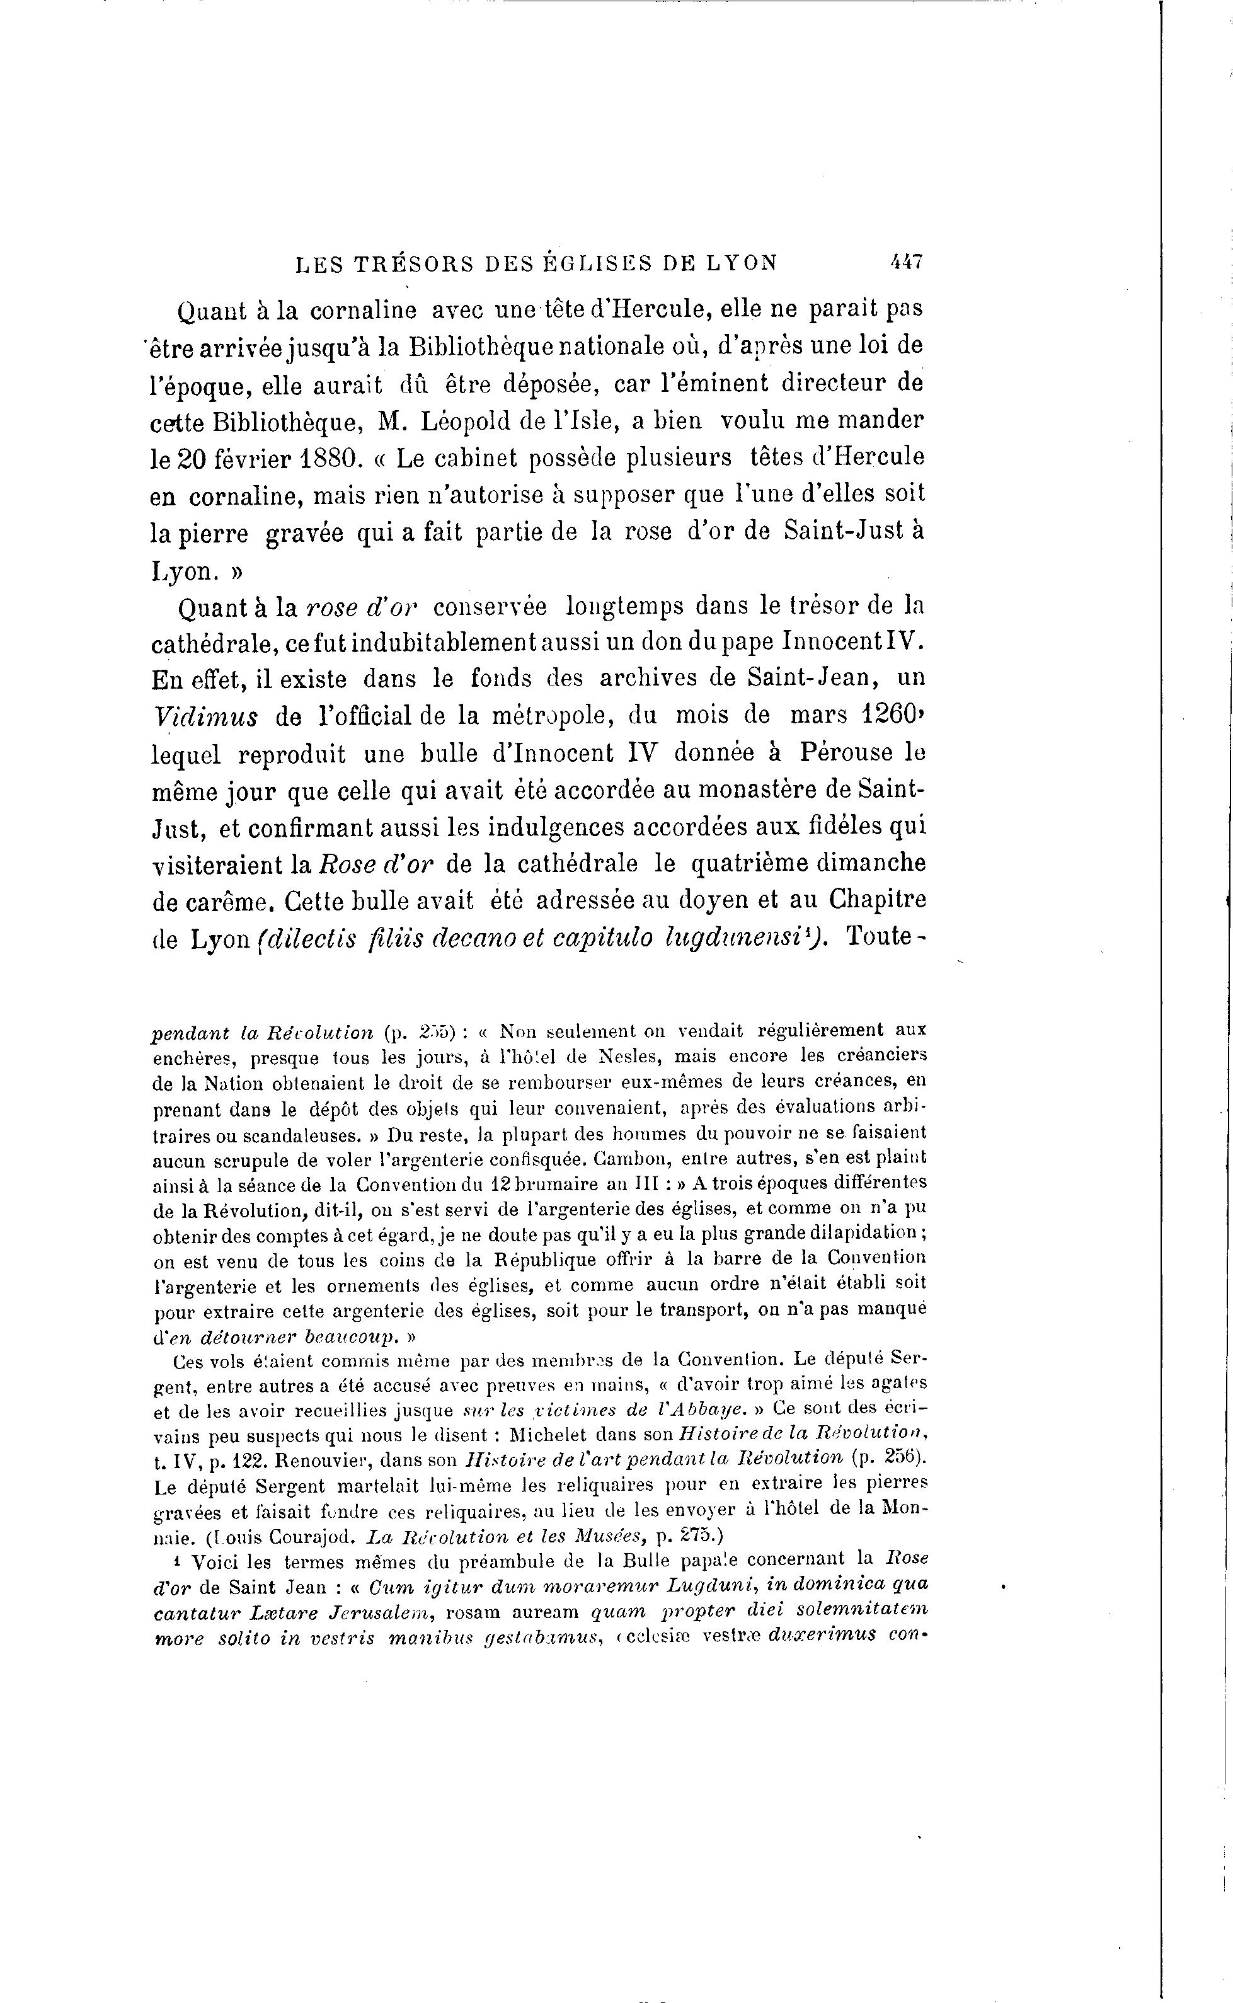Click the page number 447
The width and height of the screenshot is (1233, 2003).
(x=905, y=263)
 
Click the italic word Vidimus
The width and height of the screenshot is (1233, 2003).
(x=205, y=717)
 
